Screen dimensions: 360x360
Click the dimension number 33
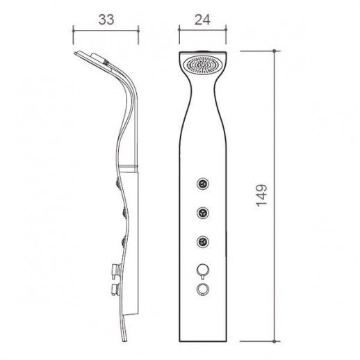[106, 19]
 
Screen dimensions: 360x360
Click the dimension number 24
[202, 19]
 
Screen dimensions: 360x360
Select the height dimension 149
[262, 196]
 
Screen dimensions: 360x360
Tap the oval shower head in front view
[202, 65]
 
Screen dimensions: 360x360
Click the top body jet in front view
[203, 184]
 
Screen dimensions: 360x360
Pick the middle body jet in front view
[203, 213]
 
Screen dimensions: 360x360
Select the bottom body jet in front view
[203, 242]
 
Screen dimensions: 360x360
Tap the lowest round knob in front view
[203, 290]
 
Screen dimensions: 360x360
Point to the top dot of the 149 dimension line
[275, 51]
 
